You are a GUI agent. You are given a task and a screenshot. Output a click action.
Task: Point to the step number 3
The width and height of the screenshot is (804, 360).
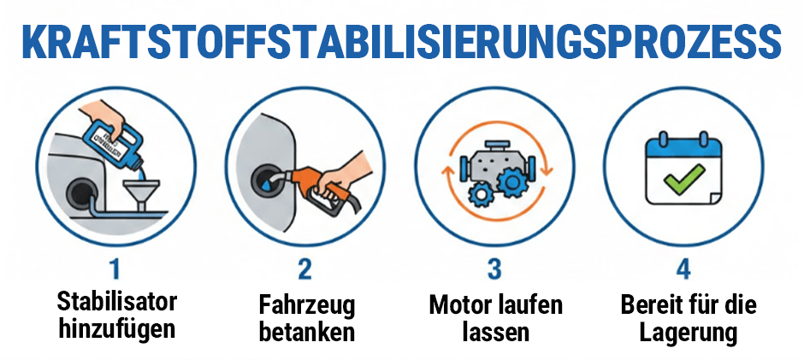(x=494, y=269)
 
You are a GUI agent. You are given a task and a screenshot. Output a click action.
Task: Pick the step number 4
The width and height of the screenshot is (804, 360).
(x=683, y=269)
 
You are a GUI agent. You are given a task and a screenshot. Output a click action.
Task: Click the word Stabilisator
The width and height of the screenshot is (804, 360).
(x=116, y=302)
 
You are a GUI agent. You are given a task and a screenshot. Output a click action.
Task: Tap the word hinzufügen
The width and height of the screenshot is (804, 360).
(x=116, y=328)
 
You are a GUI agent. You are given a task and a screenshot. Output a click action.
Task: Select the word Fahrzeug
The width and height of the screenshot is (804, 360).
(x=306, y=305)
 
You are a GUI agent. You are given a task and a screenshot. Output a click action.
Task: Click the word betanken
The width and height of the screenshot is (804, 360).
(x=306, y=332)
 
